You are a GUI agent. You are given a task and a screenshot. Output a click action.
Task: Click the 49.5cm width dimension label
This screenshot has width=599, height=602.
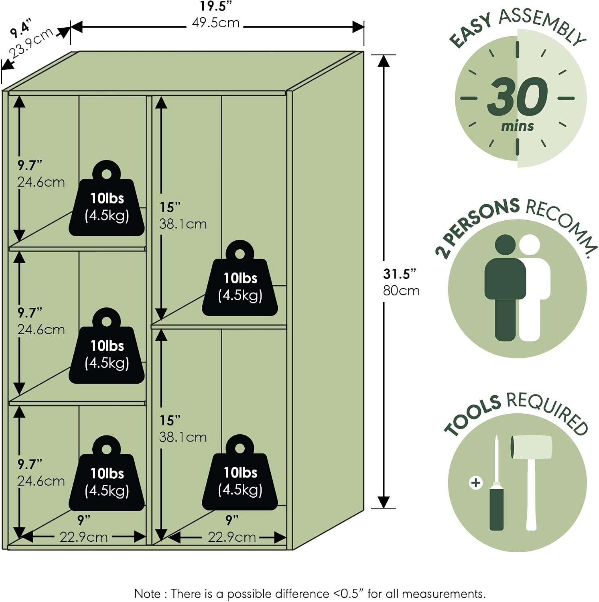(215, 22)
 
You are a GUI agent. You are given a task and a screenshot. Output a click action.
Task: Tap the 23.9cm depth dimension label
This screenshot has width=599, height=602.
(31, 43)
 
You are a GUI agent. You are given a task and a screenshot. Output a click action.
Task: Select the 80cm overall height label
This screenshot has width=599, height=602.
(401, 290)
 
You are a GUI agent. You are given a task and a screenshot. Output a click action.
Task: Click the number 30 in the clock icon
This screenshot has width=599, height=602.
(518, 97)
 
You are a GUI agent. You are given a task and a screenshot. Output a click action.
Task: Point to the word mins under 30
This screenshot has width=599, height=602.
(518, 126)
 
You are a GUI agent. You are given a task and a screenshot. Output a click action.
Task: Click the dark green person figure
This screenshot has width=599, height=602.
(505, 287)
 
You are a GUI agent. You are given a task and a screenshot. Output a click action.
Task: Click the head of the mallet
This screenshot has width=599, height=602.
(531, 446)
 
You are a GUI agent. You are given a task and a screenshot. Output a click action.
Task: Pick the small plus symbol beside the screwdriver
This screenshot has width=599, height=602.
(475, 482)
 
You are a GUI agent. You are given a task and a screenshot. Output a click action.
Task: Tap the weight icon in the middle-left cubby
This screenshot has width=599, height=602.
(107, 346)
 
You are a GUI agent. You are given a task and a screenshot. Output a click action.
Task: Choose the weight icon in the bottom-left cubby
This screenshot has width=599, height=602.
(107, 473)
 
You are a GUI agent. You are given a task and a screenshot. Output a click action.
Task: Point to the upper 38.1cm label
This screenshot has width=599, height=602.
(183, 224)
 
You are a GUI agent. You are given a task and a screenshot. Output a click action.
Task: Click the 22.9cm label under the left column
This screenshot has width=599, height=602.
(84, 537)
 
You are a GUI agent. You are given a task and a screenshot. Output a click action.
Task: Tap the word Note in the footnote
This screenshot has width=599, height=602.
(147, 594)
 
